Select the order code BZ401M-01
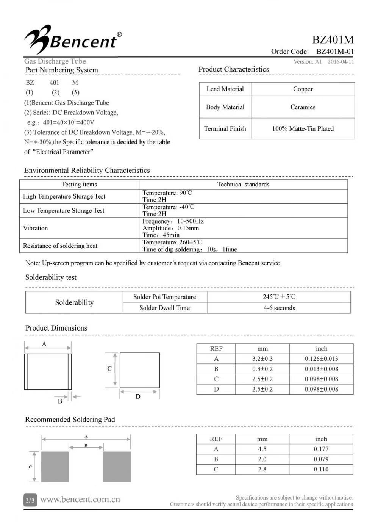pos(335,52)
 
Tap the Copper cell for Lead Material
pos(303,89)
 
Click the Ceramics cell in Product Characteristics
pos(303,107)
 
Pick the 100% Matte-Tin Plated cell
pos(303,128)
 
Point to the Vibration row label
pos(36,228)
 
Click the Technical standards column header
pos(243,184)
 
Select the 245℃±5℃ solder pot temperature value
pos(279,297)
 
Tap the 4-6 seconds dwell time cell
pos(279,308)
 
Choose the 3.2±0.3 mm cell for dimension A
pos(262,359)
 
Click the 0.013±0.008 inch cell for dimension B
pos(321,369)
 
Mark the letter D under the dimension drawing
pos(138,396)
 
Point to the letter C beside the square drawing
pos(109,368)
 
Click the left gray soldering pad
pos(55,467)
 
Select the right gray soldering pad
pos(117,467)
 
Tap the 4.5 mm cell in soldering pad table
pos(262,449)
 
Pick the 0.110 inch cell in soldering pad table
pos(321,469)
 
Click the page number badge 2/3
pos(30,500)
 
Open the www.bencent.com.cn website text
pos(80,500)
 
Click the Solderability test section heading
pos(51,277)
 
